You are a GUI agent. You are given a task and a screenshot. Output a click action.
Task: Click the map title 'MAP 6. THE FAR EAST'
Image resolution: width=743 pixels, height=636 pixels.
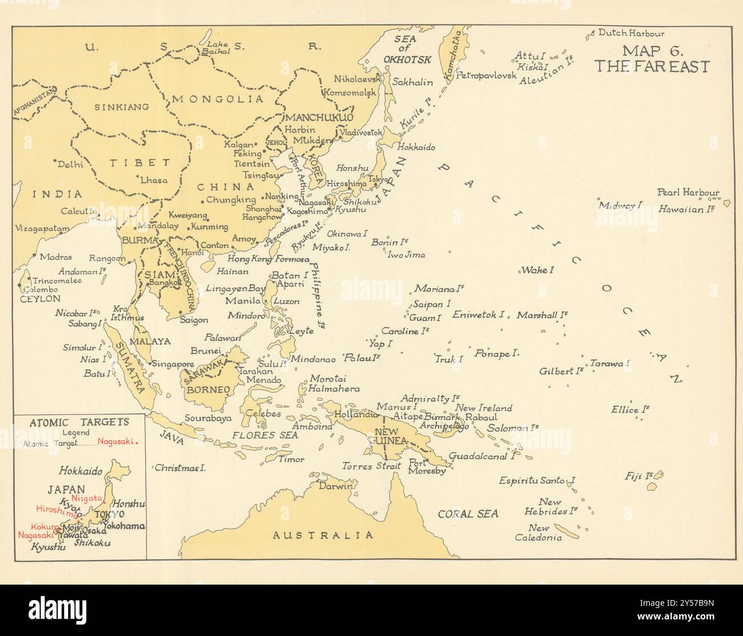coord(651,59)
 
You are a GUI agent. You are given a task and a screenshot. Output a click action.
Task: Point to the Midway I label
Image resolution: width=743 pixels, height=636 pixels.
coord(620,205)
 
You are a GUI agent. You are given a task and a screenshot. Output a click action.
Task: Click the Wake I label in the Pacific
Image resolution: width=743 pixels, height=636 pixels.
coord(536,269)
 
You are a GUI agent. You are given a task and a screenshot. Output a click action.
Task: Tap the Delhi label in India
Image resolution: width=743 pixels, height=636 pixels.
coord(70,164)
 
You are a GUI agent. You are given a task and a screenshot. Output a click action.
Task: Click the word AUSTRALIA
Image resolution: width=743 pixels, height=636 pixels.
coord(323,535)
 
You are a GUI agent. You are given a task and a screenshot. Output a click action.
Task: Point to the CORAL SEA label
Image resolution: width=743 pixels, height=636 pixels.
coord(468,514)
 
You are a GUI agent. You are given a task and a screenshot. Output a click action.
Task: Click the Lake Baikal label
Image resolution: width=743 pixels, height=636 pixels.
coord(218,47)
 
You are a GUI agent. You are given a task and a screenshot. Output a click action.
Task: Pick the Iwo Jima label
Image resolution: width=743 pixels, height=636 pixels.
coord(406,255)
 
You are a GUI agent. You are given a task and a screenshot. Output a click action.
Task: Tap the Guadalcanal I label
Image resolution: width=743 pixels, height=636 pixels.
coord(482,456)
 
